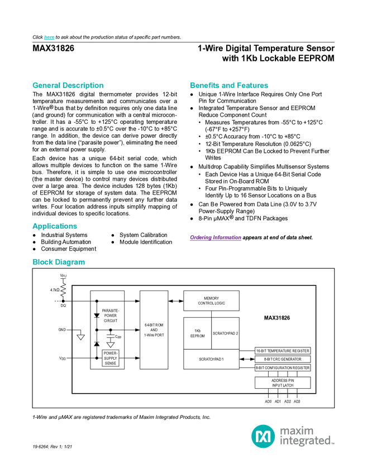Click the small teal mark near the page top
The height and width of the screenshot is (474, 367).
(x=49, y=38)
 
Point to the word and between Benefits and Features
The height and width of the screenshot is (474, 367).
(x=228, y=86)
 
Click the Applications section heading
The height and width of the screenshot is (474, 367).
(x=54, y=226)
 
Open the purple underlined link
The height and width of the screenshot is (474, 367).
(x=215, y=238)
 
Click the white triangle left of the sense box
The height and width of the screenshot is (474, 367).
(x=80, y=337)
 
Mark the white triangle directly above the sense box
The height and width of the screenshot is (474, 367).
(x=111, y=345)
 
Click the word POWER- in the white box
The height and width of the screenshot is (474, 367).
(x=111, y=354)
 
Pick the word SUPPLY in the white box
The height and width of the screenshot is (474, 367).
(x=111, y=358)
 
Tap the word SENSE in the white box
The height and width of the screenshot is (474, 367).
(x=111, y=362)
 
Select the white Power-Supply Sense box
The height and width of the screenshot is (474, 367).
(x=111, y=358)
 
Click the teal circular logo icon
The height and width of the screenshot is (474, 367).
(x=263, y=436)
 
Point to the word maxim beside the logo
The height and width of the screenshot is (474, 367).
(x=297, y=431)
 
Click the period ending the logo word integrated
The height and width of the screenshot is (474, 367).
(x=333, y=444)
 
